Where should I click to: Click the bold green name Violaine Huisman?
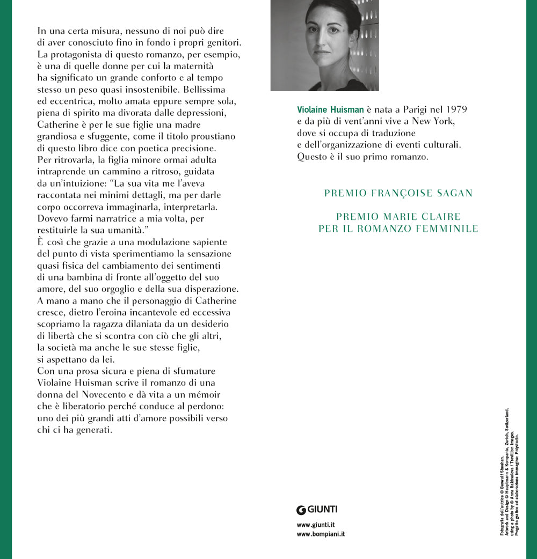pyautogui.click(x=330, y=109)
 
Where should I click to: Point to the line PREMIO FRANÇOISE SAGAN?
pyautogui.click(x=398, y=193)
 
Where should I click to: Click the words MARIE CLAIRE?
pyautogui.click(x=426, y=217)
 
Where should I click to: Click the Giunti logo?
pyautogui.click(x=317, y=510)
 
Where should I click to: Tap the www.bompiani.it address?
pyautogui.click(x=321, y=534)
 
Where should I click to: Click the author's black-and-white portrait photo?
pyautogui.click(x=324, y=45)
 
